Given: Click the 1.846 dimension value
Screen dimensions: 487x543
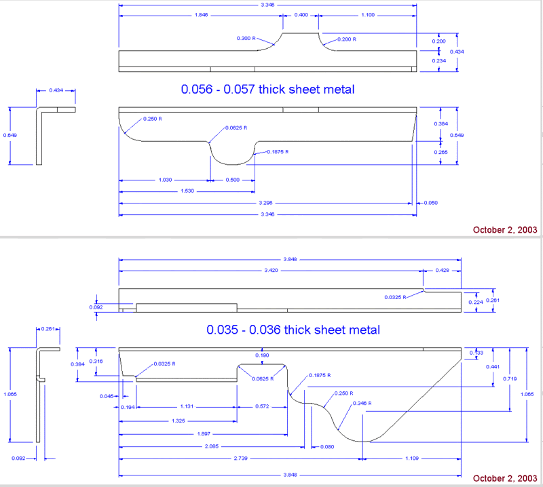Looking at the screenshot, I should point(200,14).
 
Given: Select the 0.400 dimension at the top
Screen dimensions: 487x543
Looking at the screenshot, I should point(300,14).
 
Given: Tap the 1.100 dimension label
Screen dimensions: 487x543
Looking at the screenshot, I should point(367,14).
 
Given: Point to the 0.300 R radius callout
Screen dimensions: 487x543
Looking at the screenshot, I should point(246,39).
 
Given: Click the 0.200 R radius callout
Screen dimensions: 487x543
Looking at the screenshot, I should point(345,40).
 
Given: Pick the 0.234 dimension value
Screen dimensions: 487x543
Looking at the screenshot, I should point(439,60).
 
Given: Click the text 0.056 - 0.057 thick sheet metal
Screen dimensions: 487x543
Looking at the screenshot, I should point(267,89).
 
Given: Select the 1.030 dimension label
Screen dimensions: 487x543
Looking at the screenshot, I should point(164,180).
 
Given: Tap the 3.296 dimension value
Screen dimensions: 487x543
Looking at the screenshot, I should point(265,202).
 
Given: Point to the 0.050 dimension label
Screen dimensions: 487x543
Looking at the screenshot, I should point(430,202).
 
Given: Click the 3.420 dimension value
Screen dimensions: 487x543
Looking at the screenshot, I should point(270,269).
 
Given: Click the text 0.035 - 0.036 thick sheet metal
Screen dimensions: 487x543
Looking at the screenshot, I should point(293,330).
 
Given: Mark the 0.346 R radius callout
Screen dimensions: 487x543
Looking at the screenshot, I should point(362,404).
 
